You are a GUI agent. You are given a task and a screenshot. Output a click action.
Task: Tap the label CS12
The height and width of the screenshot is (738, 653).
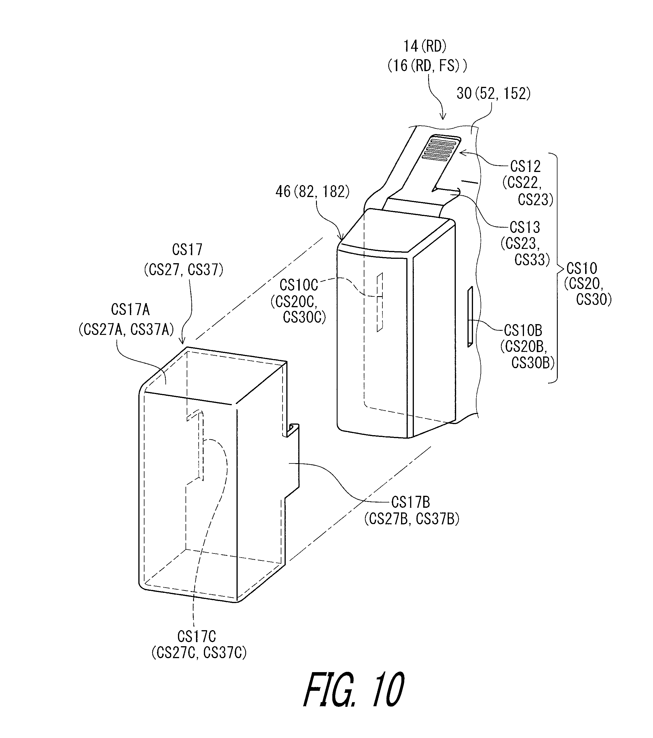pos(525,166)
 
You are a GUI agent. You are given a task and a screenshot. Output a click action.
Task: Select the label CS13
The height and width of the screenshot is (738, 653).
pos(525,227)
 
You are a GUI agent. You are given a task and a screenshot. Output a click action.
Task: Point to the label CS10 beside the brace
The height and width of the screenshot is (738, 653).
pos(582,268)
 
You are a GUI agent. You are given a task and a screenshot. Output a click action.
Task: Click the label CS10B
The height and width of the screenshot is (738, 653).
pos(523,330)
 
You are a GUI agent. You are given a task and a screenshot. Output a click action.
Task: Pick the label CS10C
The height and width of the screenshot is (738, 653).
pos(299,285)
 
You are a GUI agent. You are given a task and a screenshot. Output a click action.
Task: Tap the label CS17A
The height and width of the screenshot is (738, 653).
pos(130,310)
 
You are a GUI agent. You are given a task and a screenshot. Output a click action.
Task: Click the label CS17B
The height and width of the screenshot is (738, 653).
pos(411,502)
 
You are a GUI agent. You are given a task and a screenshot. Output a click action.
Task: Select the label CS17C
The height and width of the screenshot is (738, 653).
pos(197,636)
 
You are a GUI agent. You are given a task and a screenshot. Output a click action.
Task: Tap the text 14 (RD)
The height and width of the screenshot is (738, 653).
pos(425,46)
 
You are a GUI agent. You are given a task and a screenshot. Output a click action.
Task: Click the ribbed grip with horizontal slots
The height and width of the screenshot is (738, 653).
pos(441,148)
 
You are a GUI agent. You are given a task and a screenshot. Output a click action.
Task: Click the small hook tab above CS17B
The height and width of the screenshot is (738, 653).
pos(293,430)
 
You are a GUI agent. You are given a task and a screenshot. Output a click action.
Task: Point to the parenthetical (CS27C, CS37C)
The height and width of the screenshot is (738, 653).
pos(199,653)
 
